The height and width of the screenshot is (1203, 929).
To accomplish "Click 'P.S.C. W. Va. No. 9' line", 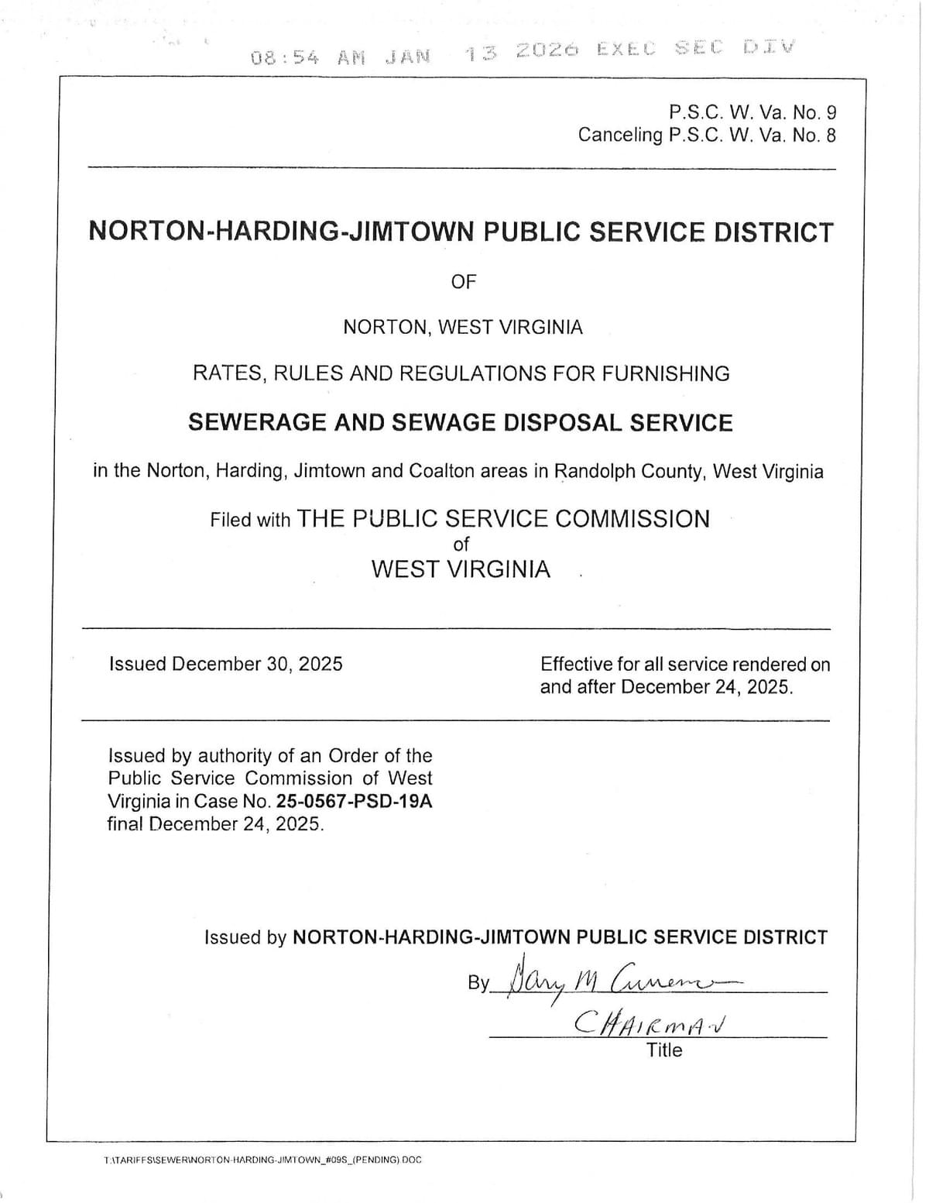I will (x=752, y=112).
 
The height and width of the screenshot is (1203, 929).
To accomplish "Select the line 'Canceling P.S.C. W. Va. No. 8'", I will (x=706, y=135).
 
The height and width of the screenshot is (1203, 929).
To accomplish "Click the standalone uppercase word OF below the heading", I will (x=463, y=282).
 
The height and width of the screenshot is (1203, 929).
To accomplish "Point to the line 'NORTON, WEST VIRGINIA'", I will (x=463, y=327).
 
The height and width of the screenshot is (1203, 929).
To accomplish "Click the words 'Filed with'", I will (x=249, y=520).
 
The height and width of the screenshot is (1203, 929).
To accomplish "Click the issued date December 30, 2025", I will (x=257, y=664).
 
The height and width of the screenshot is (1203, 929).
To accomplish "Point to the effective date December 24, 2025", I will (x=706, y=687).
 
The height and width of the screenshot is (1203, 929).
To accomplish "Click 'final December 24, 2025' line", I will (x=215, y=823).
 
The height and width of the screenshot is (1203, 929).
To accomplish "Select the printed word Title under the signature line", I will (x=664, y=1050).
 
